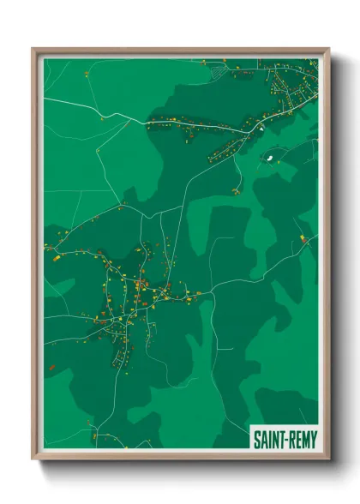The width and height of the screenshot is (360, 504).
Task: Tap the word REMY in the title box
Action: tap(302, 441)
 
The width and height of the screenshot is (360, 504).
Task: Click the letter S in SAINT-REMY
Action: tap(255, 441)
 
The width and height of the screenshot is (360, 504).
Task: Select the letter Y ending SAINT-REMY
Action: tap(314, 441)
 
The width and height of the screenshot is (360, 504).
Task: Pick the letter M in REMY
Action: tap(305, 441)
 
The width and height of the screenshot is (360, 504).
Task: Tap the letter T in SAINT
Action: tap(280, 441)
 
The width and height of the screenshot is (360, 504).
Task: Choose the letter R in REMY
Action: tap(291, 441)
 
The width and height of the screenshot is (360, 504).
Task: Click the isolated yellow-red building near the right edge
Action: tap(302, 237)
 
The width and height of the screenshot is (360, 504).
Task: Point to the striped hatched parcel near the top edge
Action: tap(219, 74)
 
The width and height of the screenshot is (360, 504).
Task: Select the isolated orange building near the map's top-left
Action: tap(87, 75)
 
